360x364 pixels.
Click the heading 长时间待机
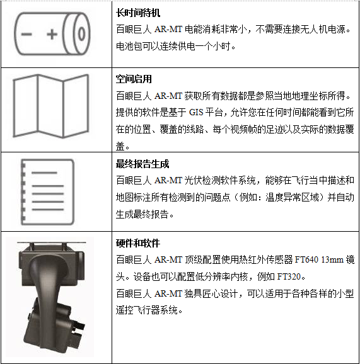click(138, 13)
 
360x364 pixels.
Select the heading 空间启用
click(134, 79)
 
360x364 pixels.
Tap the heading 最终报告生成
click(142, 164)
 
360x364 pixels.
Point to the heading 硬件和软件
click(138, 243)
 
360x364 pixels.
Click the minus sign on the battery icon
click(26, 35)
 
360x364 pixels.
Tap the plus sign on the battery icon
click(52, 35)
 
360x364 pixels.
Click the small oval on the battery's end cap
click(81, 34)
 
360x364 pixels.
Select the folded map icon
click(51, 106)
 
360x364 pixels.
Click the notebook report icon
click(47, 192)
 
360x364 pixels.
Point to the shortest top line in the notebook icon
click(44, 173)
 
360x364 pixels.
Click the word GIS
click(196, 112)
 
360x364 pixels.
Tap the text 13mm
click(332, 259)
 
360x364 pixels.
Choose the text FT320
click(289, 276)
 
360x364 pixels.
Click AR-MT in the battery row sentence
click(168, 30)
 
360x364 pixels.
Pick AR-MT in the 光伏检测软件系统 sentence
click(168, 180)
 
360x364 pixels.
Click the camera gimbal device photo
click(50, 294)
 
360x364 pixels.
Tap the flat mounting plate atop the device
click(52, 242)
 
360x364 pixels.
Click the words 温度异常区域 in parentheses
click(292, 197)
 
